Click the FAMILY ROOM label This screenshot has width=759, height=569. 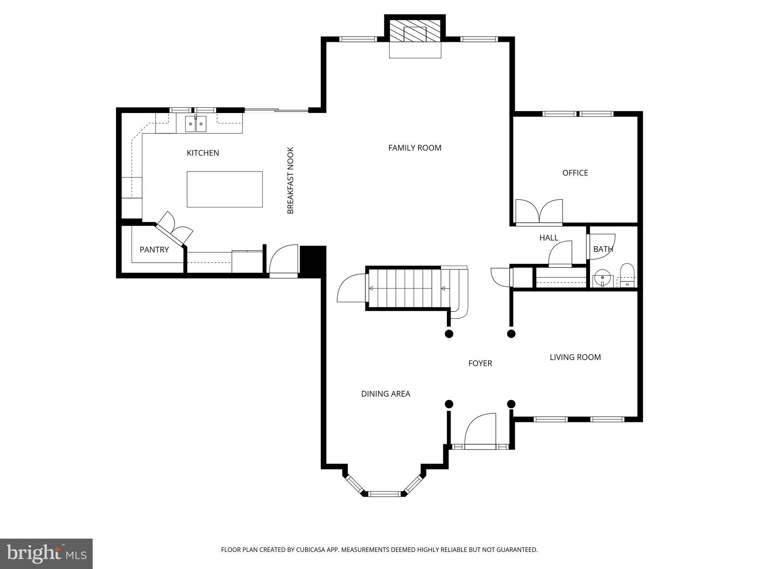coord(414,148)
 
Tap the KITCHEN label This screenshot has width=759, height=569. coord(203,153)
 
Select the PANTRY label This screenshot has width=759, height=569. coord(154,250)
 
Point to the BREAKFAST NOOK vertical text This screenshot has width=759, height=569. coord(291,180)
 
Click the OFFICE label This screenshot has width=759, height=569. coord(575,173)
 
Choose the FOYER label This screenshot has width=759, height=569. coord(480,363)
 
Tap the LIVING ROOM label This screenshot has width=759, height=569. coord(575,357)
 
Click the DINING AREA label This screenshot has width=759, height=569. coord(385,394)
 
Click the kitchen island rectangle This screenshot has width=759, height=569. coord(225,189)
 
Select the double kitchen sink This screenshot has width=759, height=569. coord(196,124)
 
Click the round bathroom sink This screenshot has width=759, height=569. coord(602,277)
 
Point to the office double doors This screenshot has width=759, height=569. coord(539,212)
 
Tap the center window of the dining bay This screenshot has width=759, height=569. coord(385,493)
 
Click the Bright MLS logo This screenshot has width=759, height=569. coord(46,554)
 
